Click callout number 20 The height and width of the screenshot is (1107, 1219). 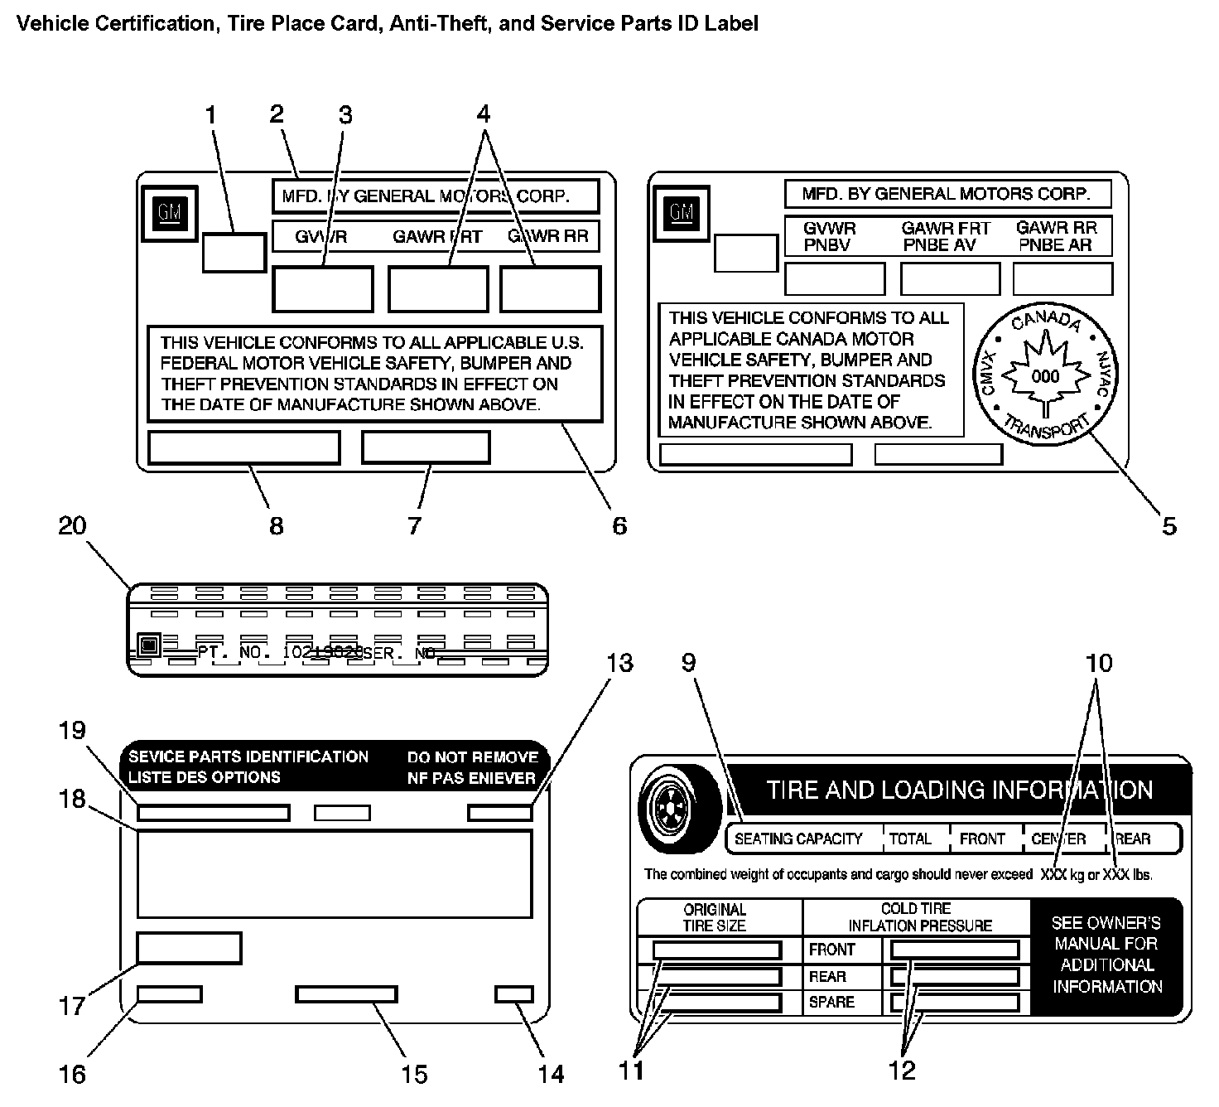pos(72,525)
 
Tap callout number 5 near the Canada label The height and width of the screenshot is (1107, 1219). pos(1168,525)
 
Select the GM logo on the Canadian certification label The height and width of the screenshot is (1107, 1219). pos(682,213)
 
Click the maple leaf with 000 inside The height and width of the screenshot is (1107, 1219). pos(1045,377)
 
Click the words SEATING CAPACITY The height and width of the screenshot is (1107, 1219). pos(798,839)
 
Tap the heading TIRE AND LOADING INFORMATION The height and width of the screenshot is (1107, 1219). pos(959,789)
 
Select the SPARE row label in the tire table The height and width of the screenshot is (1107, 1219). pos(831,1002)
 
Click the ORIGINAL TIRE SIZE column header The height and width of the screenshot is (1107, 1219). pos(714,917)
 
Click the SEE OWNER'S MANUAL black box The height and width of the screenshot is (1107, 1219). pos(1106,955)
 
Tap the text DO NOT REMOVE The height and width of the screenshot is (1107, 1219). pos(472,757)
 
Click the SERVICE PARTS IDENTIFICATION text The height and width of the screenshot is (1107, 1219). pos(248,757)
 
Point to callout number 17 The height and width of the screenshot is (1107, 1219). pos(72,1006)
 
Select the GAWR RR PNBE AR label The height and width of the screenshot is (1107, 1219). pos(1058,236)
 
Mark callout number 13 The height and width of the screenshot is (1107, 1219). pos(619,663)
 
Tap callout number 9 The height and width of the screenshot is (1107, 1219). pos(689,663)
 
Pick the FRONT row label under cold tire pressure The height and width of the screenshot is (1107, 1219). pos(832,950)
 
